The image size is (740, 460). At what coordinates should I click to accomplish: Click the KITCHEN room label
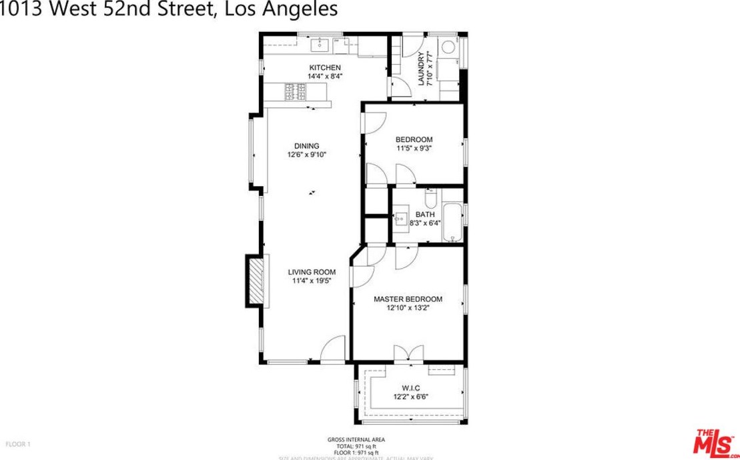(x=325, y=67)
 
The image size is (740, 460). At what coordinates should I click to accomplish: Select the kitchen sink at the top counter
(x=320, y=44)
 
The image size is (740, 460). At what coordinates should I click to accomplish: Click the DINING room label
(x=307, y=146)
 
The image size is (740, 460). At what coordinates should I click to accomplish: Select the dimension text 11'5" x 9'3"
(x=414, y=149)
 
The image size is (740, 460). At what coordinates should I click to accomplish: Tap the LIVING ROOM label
(x=312, y=272)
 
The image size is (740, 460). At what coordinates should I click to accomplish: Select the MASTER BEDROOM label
(x=408, y=299)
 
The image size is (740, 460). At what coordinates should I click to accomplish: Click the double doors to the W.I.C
(x=408, y=353)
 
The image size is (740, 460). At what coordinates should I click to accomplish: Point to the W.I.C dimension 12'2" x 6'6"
(x=411, y=397)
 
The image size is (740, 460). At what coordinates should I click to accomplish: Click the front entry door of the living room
(x=332, y=351)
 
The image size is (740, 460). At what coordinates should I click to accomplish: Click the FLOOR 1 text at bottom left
(x=18, y=444)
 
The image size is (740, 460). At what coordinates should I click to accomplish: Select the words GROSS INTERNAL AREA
(x=356, y=439)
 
